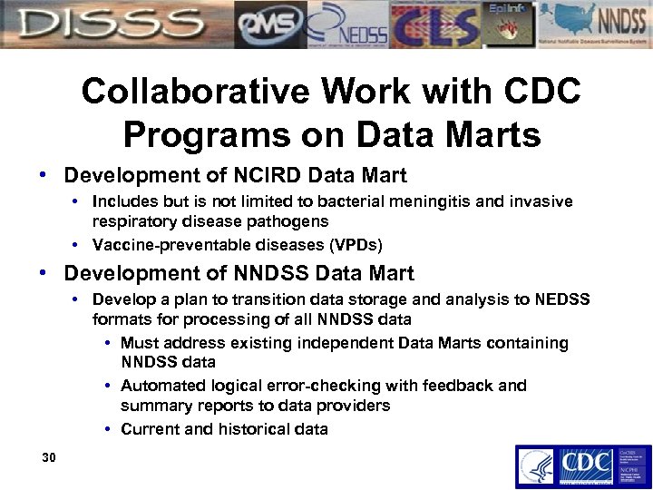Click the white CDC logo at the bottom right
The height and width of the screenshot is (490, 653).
582,465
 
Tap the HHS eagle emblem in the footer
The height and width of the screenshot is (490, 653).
535,466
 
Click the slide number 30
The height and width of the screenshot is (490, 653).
49,457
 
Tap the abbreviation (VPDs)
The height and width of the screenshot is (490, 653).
353,244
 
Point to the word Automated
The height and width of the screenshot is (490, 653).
159,386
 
